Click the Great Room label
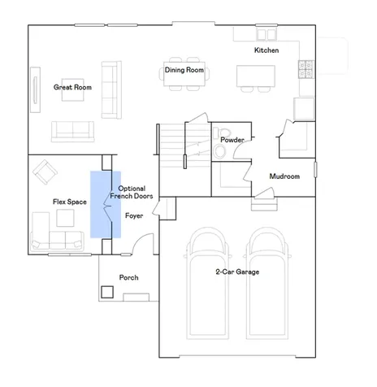tap(72, 87)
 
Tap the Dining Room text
tap(184, 70)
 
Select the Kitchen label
tap(266, 50)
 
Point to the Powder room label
tap(232, 140)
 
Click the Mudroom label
tap(284, 176)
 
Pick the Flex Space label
tap(70, 202)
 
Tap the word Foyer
tap(134, 215)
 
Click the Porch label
tap(129, 277)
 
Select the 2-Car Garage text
tap(237, 272)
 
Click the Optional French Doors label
tap(132, 192)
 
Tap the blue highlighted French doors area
tap(106, 205)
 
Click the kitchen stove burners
tap(306, 69)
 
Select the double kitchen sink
tap(266, 35)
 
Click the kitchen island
tap(256, 76)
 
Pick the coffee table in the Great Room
tap(72, 90)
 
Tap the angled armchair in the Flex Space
tap(45, 172)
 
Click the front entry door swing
tap(142, 244)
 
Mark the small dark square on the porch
tap(107, 292)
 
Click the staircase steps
tap(185, 146)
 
